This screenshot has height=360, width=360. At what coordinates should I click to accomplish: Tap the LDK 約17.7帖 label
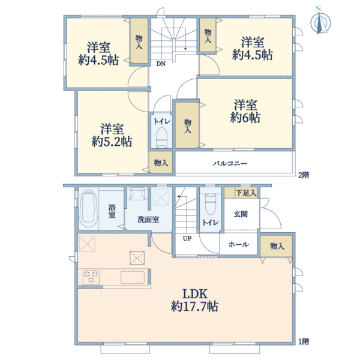[x=195, y=300]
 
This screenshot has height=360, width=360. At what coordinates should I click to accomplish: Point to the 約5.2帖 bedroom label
[x=112, y=136]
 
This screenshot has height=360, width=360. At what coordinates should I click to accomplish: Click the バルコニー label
[x=230, y=163]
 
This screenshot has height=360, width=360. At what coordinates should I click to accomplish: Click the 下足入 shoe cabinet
[x=245, y=193]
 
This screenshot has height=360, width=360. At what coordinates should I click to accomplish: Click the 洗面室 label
[x=148, y=220]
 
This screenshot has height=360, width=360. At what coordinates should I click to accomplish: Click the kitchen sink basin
[x=132, y=277]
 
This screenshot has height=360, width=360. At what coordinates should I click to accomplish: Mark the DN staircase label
[x=161, y=64]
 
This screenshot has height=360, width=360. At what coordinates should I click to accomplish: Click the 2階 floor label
[x=304, y=175]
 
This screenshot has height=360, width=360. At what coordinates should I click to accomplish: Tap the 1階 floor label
[x=304, y=342]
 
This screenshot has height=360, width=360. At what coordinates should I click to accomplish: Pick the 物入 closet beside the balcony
[x=161, y=163]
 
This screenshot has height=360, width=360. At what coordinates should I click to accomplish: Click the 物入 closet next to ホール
[x=277, y=246]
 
